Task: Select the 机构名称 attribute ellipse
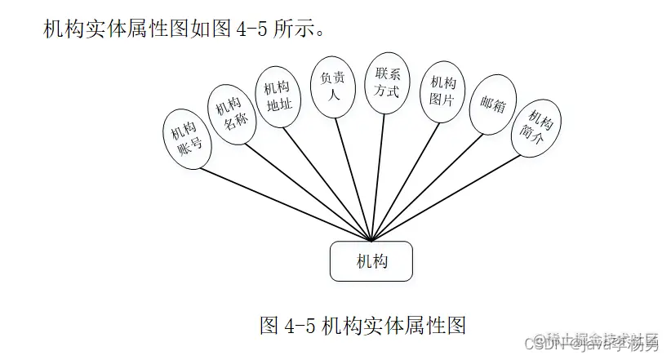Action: tap(233, 116)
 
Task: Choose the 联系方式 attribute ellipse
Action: tap(387, 82)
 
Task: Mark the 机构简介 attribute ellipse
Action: tap(536, 129)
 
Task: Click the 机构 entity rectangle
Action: tap(371, 261)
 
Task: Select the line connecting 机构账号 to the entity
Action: tap(286, 200)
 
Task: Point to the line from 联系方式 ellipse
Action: tap(380, 171)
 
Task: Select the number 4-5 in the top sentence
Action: tap(248, 30)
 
